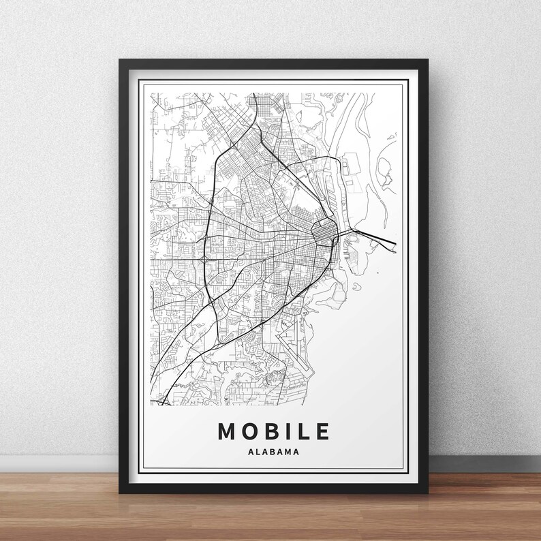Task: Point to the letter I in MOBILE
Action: click(x=290, y=431)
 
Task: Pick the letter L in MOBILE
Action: click(x=304, y=431)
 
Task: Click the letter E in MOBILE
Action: click(x=322, y=431)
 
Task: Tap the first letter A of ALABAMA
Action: click(x=253, y=450)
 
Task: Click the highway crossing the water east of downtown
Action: click(x=371, y=235)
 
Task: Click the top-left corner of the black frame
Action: click(x=121, y=61)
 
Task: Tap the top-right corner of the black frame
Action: click(x=427, y=61)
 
